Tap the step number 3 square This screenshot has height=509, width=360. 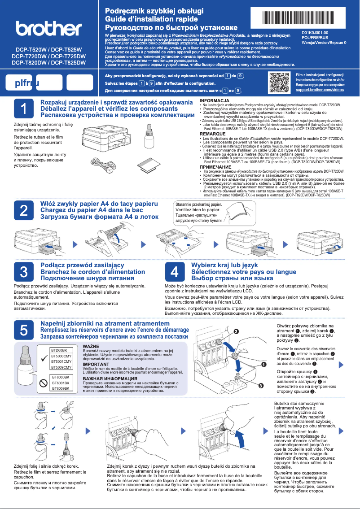pos(25,272)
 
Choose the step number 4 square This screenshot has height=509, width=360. pos(176,272)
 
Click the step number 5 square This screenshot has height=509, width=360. pos(25,330)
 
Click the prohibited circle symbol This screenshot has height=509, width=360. pos(44,383)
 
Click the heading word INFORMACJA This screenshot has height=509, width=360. pos(215,100)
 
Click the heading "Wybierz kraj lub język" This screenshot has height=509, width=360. pos(224,265)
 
